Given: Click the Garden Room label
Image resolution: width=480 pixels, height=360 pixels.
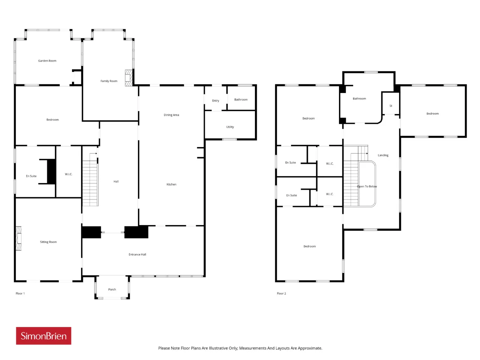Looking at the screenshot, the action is pyautogui.click(x=47, y=61).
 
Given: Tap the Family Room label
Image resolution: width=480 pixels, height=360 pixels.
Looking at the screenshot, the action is pyautogui.click(x=109, y=81).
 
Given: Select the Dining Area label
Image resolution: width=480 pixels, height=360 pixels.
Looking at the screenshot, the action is pyautogui.click(x=171, y=115).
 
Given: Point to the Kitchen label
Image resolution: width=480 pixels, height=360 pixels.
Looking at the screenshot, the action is pyautogui.click(x=171, y=184).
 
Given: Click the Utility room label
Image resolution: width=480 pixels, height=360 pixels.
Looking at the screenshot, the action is pyautogui.click(x=230, y=127).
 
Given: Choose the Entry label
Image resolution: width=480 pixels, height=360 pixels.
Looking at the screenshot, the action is pyautogui.click(x=216, y=101).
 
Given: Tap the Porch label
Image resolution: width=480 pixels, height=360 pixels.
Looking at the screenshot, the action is pyautogui.click(x=112, y=289).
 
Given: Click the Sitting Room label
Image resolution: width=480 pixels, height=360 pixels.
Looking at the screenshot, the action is pyautogui.click(x=48, y=242).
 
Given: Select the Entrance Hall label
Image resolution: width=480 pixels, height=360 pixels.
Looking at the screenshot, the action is pyautogui.click(x=137, y=254).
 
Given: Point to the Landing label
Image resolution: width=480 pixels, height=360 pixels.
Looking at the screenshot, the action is pyautogui.click(x=383, y=155).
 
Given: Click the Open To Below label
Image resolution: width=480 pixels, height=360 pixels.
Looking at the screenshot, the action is pyautogui.click(x=367, y=186).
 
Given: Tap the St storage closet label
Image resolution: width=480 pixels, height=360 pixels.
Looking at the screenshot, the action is pyautogui.click(x=391, y=106).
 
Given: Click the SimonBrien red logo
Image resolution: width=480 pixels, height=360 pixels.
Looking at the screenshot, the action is pyautogui.click(x=43, y=336).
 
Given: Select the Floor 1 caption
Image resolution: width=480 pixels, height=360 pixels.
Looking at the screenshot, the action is pyautogui.click(x=20, y=294).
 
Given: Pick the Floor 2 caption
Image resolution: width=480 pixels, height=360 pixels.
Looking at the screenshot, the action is pyautogui.click(x=282, y=294).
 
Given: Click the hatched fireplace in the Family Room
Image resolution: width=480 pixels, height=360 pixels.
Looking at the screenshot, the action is pyautogui.click(x=129, y=78).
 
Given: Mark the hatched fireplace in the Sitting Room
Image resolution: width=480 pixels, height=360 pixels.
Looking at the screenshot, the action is pyautogui.click(x=19, y=238).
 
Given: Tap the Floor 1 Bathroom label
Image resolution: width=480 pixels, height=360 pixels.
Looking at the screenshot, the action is pyautogui.click(x=241, y=100).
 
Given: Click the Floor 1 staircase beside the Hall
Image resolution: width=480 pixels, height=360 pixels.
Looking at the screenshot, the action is pyautogui.click(x=90, y=179).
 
